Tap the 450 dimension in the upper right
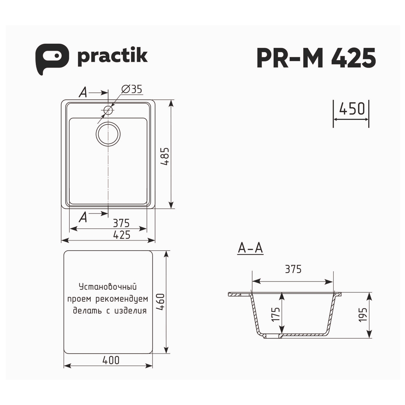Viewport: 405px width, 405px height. (x=351, y=109)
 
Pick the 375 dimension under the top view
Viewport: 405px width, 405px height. (x=121, y=223)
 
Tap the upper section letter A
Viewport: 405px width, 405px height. (x=83, y=93)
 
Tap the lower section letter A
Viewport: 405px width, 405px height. (x=83, y=217)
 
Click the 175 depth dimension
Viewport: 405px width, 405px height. (x=276, y=314)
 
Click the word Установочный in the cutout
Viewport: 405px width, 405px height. (x=107, y=287)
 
